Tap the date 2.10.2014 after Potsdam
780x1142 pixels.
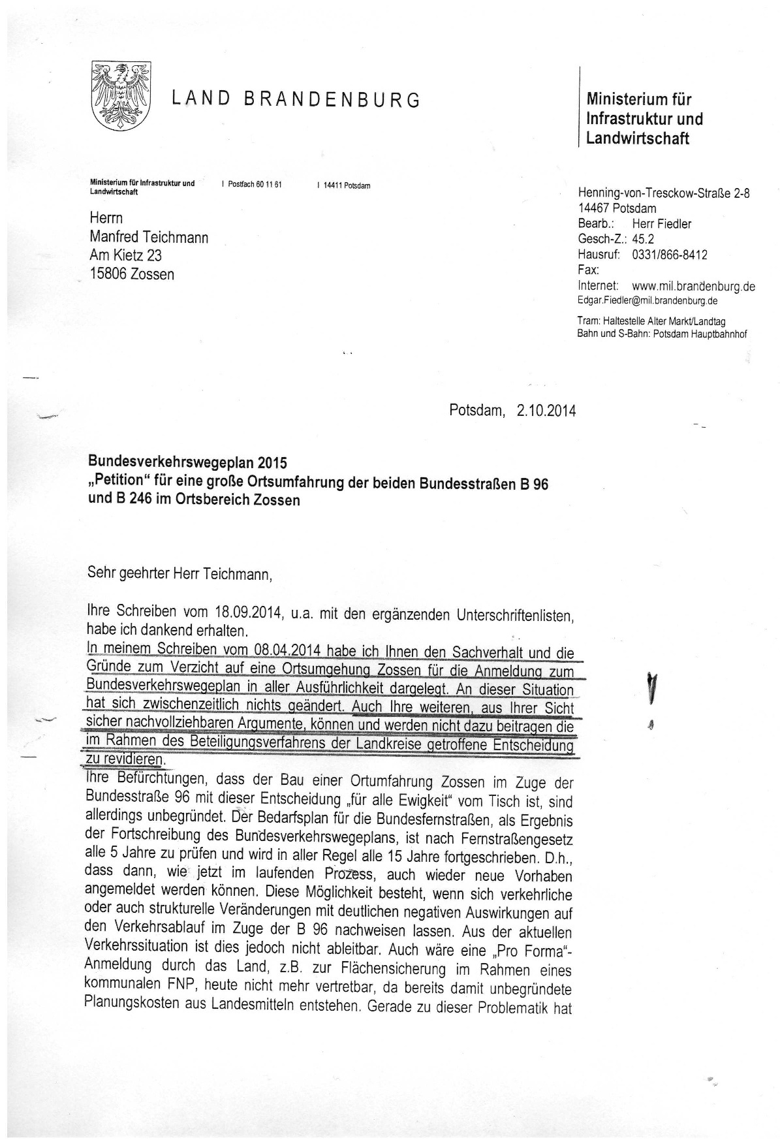(546, 411)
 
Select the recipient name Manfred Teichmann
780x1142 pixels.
(149, 237)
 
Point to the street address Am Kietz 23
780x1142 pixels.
(125, 255)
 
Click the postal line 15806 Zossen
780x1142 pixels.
(132, 274)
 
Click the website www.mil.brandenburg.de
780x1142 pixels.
(694, 286)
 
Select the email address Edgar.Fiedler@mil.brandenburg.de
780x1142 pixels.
(647, 301)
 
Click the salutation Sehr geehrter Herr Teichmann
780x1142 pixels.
(178, 575)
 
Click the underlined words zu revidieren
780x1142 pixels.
(124, 760)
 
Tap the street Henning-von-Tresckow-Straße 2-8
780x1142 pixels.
(664, 193)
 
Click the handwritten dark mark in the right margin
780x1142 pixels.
(650, 688)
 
